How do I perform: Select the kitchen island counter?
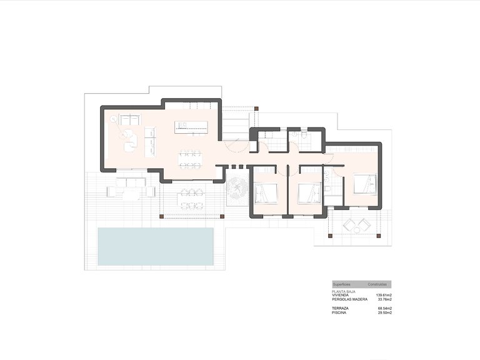point(192,127)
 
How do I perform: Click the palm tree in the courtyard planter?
point(237,188)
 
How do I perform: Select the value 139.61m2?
point(384,295)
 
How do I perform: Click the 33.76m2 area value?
point(384,299)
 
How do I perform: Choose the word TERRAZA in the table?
point(341,309)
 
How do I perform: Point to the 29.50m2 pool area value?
point(384,313)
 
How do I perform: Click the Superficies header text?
point(342,284)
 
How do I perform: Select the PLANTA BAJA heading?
point(344,291)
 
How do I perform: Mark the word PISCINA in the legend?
point(340,313)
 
